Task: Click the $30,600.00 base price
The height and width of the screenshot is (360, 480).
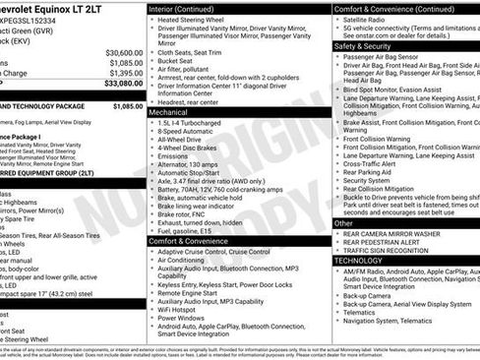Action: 124,52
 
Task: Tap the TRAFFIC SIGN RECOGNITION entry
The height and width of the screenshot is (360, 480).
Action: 393,252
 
